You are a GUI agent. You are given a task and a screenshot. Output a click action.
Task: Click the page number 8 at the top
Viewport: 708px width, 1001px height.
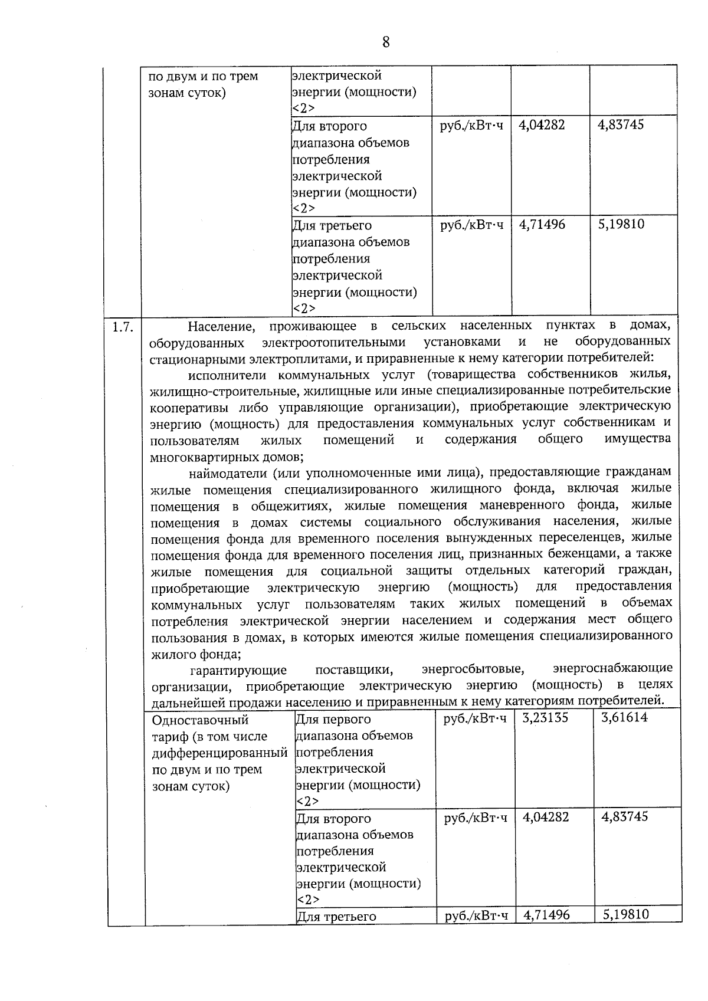click(386, 42)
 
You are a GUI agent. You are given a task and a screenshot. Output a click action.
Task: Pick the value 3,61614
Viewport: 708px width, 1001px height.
click(624, 717)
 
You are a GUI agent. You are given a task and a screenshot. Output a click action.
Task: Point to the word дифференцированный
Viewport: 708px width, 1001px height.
click(219, 753)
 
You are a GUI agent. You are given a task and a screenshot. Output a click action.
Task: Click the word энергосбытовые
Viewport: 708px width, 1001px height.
click(473, 669)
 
